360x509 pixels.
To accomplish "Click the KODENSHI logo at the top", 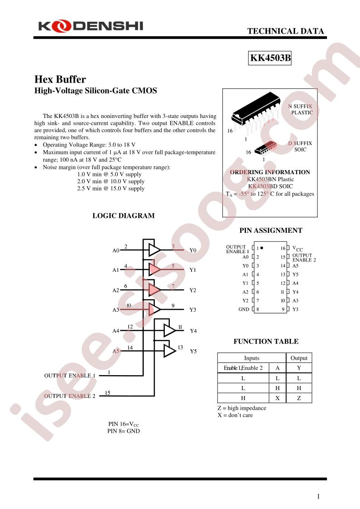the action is (91, 26).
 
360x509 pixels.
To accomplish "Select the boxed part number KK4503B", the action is (270, 58).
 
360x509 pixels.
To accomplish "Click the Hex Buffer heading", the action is (60, 79).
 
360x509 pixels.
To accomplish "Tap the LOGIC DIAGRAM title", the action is (123, 215).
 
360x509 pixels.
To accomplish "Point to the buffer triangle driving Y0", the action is (154, 250).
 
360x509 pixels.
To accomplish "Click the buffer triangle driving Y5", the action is (169, 351).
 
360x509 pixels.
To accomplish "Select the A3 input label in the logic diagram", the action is (116, 310).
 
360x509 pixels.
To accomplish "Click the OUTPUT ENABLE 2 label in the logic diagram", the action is (70, 396).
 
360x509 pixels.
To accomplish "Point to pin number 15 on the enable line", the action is (108, 393).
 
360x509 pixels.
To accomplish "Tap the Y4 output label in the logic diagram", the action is (193, 331).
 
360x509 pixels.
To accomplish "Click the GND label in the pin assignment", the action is (244, 309).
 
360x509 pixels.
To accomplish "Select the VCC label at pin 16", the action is (298, 249).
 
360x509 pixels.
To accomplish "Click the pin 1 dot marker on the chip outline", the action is (261, 248).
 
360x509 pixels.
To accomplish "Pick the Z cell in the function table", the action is (299, 398).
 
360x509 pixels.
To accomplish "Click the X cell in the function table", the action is (277, 398).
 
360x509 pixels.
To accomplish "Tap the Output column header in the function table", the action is (299, 358).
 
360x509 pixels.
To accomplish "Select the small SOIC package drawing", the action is (266, 148).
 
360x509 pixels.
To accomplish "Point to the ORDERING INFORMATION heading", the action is (270, 172).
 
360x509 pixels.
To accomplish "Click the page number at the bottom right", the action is (318, 496).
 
